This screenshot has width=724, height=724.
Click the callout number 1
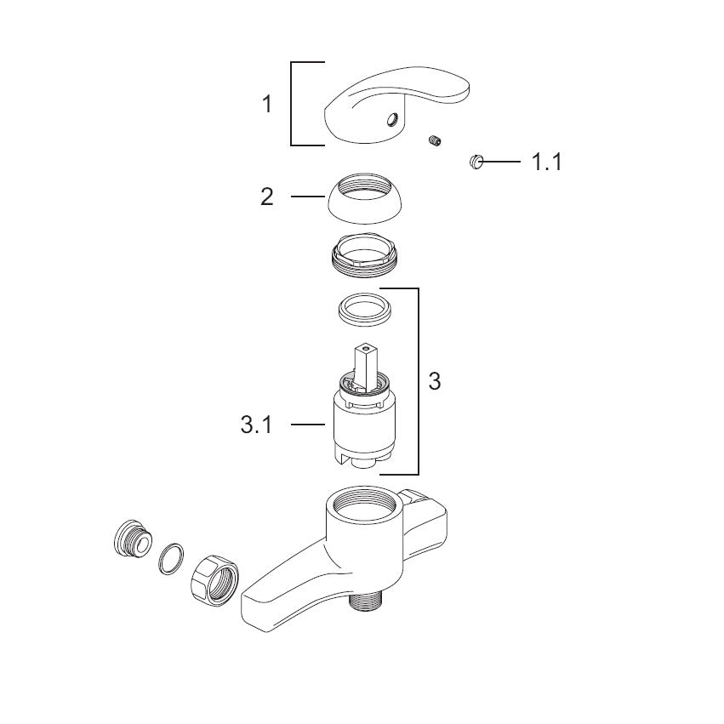(x=267, y=104)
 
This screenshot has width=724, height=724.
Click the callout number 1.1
(x=547, y=162)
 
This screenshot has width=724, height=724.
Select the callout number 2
(x=267, y=197)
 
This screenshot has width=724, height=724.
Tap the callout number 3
(x=435, y=381)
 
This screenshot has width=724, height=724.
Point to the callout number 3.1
(x=257, y=425)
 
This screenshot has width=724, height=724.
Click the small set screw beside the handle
(x=434, y=141)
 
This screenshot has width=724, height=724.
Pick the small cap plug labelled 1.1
(x=476, y=162)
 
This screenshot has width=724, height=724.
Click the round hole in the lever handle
(x=392, y=120)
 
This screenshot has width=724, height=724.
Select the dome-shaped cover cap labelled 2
(x=365, y=198)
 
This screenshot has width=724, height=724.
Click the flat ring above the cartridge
(x=365, y=310)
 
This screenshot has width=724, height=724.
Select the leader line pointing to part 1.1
(x=501, y=162)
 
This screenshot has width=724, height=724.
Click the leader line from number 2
(x=308, y=197)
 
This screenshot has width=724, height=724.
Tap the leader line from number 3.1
(x=308, y=424)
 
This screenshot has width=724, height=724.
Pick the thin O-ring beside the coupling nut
(x=171, y=559)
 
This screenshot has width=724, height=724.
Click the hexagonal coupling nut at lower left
(x=214, y=580)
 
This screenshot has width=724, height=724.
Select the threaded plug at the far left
(x=133, y=539)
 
